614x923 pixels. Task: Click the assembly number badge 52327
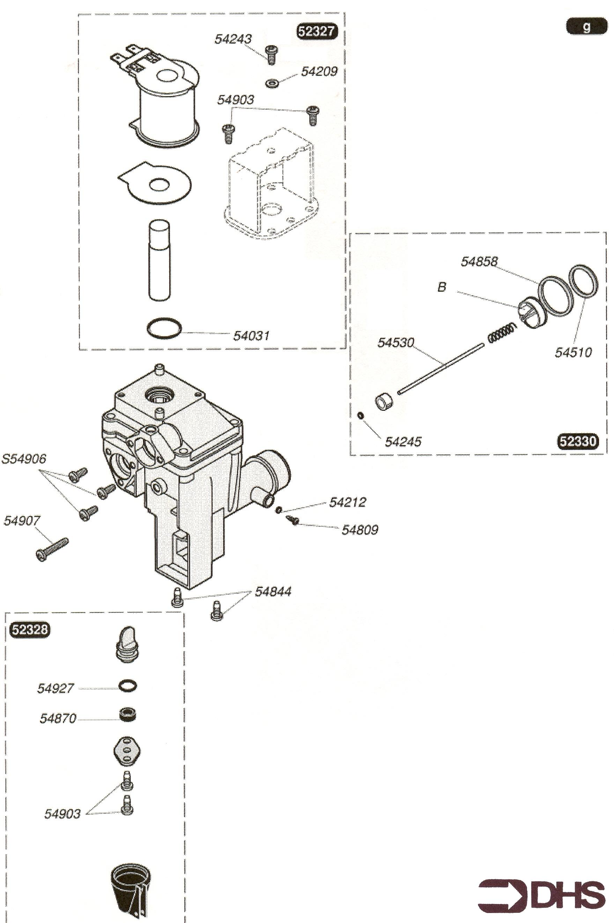pyautogui.click(x=317, y=31)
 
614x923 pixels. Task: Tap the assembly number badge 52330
pyautogui.click(x=578, y=441)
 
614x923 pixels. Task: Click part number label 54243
pyautogui.click(x=233, y=39)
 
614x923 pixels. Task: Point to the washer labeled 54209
pyautogui.click(x=272, y=83)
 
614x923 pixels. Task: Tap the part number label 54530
pyautogui.click(x=395, y=342)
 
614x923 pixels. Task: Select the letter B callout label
pyautogui.click(x=441, y=287)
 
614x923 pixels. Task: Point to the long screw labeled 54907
pyautogui.click(x=52, y=550)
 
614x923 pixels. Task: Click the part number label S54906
pyautogui.click(x=24, y=459)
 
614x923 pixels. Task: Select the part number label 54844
pyautogui.click(x=273, y=591)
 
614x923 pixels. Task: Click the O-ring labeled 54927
pyautogui.click(x=128, y=685)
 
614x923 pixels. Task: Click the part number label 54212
pyautogui.click(x=347, y=502)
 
